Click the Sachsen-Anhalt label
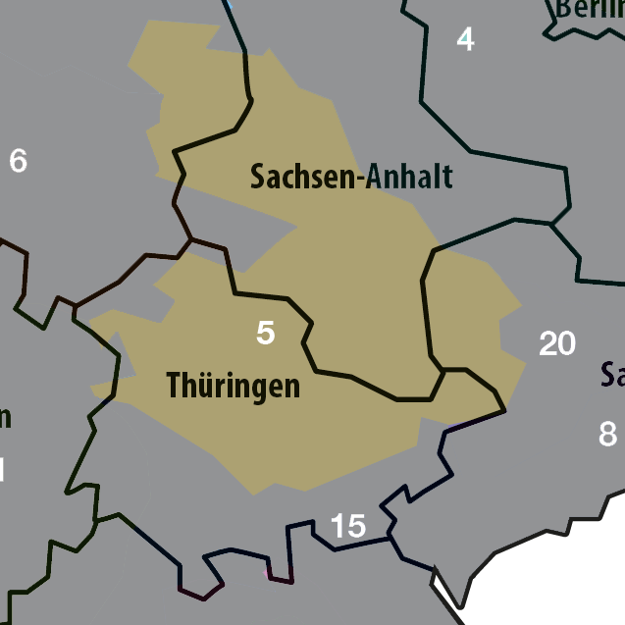(351, 177)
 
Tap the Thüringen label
(234, 386)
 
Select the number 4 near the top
(465, 40)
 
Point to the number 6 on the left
(18, 161)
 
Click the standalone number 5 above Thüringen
(265, 334)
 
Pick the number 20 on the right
(557, 344)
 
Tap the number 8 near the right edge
(608, 434)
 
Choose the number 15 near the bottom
(348, 527)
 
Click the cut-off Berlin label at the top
(589, 9)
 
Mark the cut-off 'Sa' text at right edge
(613, 375)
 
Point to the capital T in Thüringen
(175, 386)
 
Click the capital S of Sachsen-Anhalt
(258, 177)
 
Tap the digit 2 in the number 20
(547, 344)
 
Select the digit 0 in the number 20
(567, 344)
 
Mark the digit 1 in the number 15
(338, 527)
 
